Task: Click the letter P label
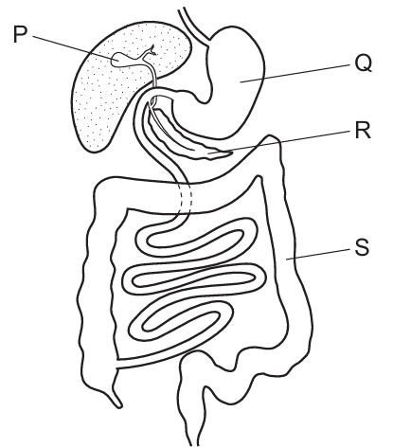[x=21, y=34]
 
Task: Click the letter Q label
[x=364, y=63]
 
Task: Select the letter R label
[x=363, y=130]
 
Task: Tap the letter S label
[x=362, y=247]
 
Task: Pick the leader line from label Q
[x=295, y=74]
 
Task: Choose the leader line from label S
[x=318, y=255]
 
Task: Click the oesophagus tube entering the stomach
[x=193, y=25]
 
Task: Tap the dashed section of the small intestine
[x=186, y=200]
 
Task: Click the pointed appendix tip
[x=119, y=405]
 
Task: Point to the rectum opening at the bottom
[x=194, y=442]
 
